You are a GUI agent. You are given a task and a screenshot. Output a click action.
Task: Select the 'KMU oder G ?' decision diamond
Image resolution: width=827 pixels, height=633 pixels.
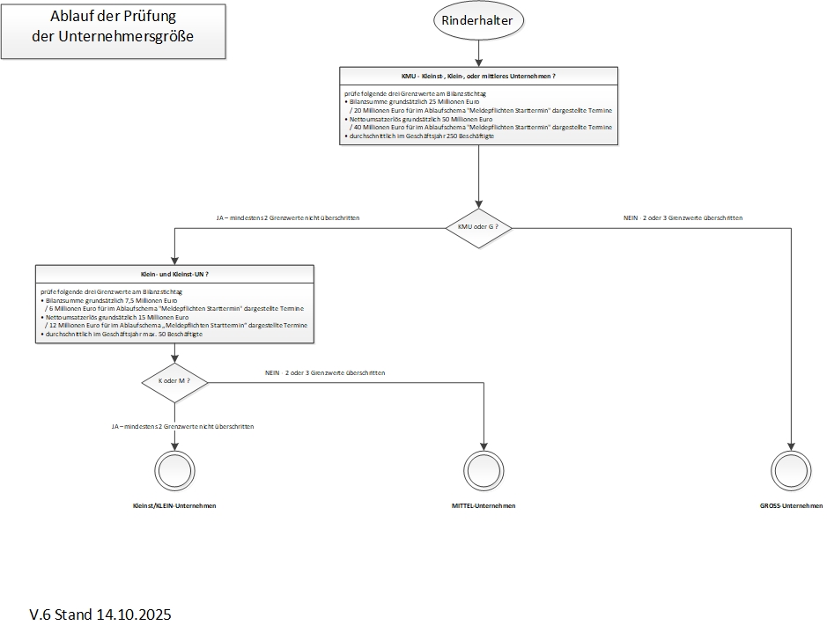point(478,228)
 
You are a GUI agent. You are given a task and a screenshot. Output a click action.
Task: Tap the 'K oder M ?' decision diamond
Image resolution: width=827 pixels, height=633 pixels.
point(174,380)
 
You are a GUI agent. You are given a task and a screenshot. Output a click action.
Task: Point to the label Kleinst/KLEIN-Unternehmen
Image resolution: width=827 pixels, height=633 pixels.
point(174,506)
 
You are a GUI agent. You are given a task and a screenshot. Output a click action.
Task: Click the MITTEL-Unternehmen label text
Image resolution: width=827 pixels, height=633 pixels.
point(484,506)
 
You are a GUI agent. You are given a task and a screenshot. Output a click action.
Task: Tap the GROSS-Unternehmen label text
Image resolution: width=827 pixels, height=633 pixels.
point(790,506)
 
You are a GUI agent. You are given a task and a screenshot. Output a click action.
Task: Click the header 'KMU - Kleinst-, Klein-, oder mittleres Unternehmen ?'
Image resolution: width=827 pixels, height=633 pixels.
point(478,77)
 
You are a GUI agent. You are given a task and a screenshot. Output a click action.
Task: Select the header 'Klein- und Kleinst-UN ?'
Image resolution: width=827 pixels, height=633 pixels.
point(174,275)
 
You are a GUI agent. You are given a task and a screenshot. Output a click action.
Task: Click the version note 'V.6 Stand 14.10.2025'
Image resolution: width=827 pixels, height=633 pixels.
point(100,614)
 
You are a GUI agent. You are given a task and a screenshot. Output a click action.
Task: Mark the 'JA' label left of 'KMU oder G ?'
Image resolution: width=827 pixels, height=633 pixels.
point(287,217)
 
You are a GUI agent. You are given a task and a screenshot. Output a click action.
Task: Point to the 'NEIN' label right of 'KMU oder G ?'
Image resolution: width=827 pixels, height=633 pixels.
point(676,217)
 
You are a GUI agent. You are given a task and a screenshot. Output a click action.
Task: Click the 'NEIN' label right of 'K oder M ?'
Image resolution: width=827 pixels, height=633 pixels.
point(324,373)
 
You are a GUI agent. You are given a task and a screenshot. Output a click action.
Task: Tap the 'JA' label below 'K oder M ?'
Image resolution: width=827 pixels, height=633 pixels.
point(182,426)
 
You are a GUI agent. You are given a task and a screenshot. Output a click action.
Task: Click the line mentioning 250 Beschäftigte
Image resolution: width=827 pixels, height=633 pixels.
point(421,136)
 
